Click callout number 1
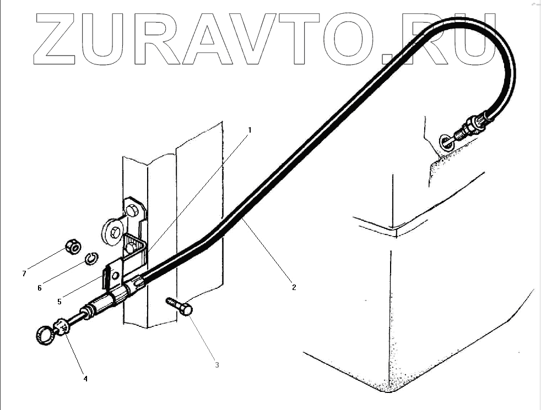coord(250,130)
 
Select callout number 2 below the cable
coord(294,287)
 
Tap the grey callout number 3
coord(217,364)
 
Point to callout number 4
coord(85,378)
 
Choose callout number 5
coord(59,301)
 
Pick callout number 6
coord(40,287)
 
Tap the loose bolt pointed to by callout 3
coord(179,306)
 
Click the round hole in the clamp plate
coord(115,276)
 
